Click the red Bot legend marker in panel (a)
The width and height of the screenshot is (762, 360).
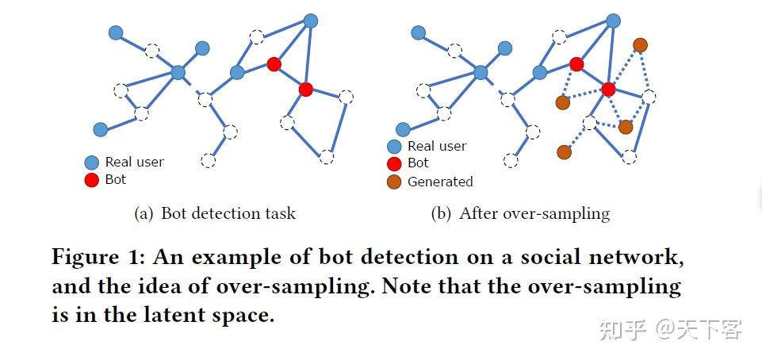tap(92, 180)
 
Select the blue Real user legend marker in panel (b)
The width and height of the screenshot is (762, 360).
tap(394, 147)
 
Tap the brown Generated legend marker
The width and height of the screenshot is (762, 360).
tap(394, 182)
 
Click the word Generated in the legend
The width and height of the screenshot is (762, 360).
tap(440, 182)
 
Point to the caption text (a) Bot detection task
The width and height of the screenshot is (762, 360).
tap(215, 213)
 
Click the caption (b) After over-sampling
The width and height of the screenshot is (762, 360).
tap(520, 213)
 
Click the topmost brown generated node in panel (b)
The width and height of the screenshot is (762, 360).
tap(640, 44)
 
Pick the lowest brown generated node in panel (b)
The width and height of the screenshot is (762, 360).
tap(564, 151)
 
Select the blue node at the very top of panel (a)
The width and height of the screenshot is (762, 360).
tap(311, 21)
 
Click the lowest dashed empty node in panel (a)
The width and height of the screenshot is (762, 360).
tap(208, 161)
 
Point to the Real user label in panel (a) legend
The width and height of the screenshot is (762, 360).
tap(134, 162)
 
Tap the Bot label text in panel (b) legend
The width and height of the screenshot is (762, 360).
tap(418, 163)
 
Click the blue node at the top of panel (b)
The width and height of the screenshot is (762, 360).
tap(613, 21)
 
